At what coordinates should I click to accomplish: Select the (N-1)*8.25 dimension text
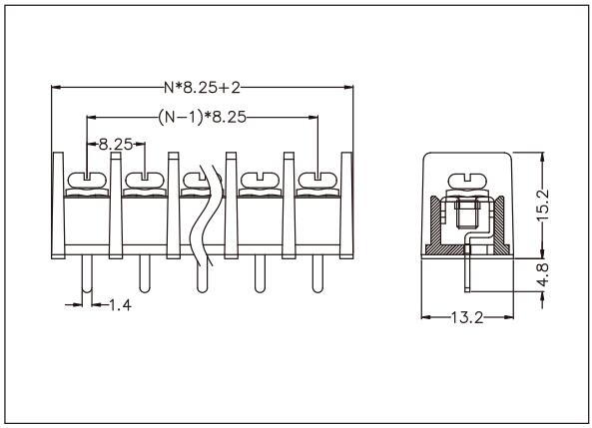[x=203, y=117]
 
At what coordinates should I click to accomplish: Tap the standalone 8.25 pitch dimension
[x=116, y=145]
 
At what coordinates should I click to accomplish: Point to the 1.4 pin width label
[x=120, y=304]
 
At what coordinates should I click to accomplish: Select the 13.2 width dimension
[x=465, y=318]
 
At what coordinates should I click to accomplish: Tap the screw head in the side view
[x=465, y=182]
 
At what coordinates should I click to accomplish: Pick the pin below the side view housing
[x=465, y=274]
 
